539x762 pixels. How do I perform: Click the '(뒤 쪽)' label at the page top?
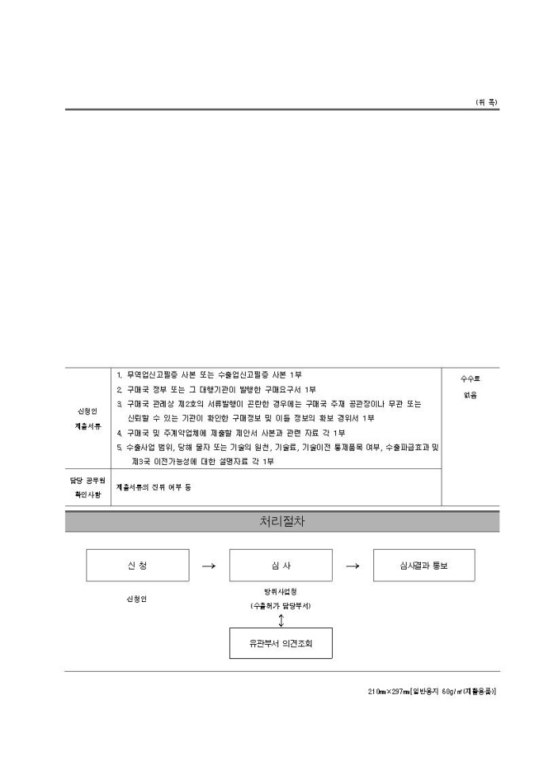[x=487, y=102]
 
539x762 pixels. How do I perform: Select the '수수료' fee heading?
[x=470, y=379]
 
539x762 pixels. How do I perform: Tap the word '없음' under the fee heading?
[x=470, y=395]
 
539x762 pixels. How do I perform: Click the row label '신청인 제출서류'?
[x=87, y=418]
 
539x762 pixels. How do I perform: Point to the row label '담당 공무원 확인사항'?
[x=87, y=487]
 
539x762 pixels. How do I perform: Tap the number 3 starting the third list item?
[x=119, y=404]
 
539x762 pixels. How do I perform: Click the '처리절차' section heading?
[x=281, y=522]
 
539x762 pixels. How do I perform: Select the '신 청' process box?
[x=137, y=566]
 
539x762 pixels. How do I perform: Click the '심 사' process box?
[x=281, y=566]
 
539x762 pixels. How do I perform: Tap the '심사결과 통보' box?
[x=424, y=566]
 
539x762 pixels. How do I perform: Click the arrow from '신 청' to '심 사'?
[x=208, y=566]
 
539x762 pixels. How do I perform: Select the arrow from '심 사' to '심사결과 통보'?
[x=353, y=566]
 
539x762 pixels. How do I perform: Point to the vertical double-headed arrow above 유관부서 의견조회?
[x=281, y=619]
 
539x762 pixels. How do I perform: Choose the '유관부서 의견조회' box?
[x=281, y=644]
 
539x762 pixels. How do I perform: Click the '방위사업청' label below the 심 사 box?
[x=281, y=592]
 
